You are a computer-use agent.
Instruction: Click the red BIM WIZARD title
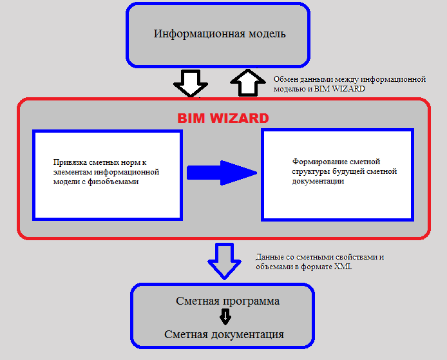click(x=223, y=118)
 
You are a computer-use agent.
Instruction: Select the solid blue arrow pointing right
click(x=222, y=173)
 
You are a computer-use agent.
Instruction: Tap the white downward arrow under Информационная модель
click(x=191, y=83)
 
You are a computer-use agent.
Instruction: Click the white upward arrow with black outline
click(x=248, y=82)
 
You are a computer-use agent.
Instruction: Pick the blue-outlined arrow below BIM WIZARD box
click(x=225, y=261)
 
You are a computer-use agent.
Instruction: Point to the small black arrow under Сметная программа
click(x=225, y=317)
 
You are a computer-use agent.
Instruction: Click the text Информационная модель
click(x=220, y=34)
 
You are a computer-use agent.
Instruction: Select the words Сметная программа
click(x=227, y=301)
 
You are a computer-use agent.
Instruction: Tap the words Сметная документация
click(x=224, y=334)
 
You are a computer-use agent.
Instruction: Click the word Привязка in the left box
click(x=70, y=162)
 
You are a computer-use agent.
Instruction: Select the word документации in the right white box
click(x=318, y=181)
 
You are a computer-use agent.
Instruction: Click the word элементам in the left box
click(x=72, y=172)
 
